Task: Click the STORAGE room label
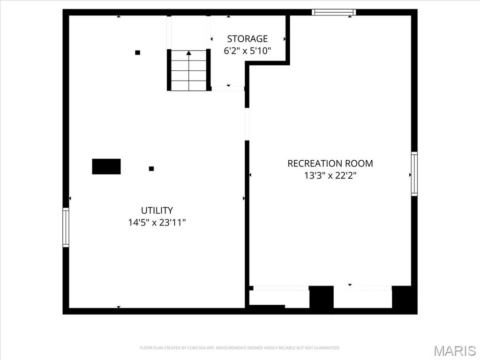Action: tap(247, 39)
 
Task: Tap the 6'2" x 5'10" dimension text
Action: tap(247, 51)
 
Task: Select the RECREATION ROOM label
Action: tap(330, 164)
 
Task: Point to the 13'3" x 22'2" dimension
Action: tap(330, 176)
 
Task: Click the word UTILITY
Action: tap(157, 210)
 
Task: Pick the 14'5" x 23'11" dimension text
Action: tap(157, 223)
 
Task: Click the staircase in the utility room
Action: tap(188, 70)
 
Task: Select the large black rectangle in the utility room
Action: tap(106, 166)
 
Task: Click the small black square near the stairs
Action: tap(137, 52)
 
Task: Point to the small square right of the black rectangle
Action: tap(151, 168)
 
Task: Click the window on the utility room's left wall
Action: tap(66, 227)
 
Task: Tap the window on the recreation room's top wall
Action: tap(334, 12)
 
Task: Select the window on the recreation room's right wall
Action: tap(414, 173)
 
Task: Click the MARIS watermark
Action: tap(455, 351)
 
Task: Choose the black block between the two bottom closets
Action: tap(321, 297)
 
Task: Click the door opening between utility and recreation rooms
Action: tap(247, 124)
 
